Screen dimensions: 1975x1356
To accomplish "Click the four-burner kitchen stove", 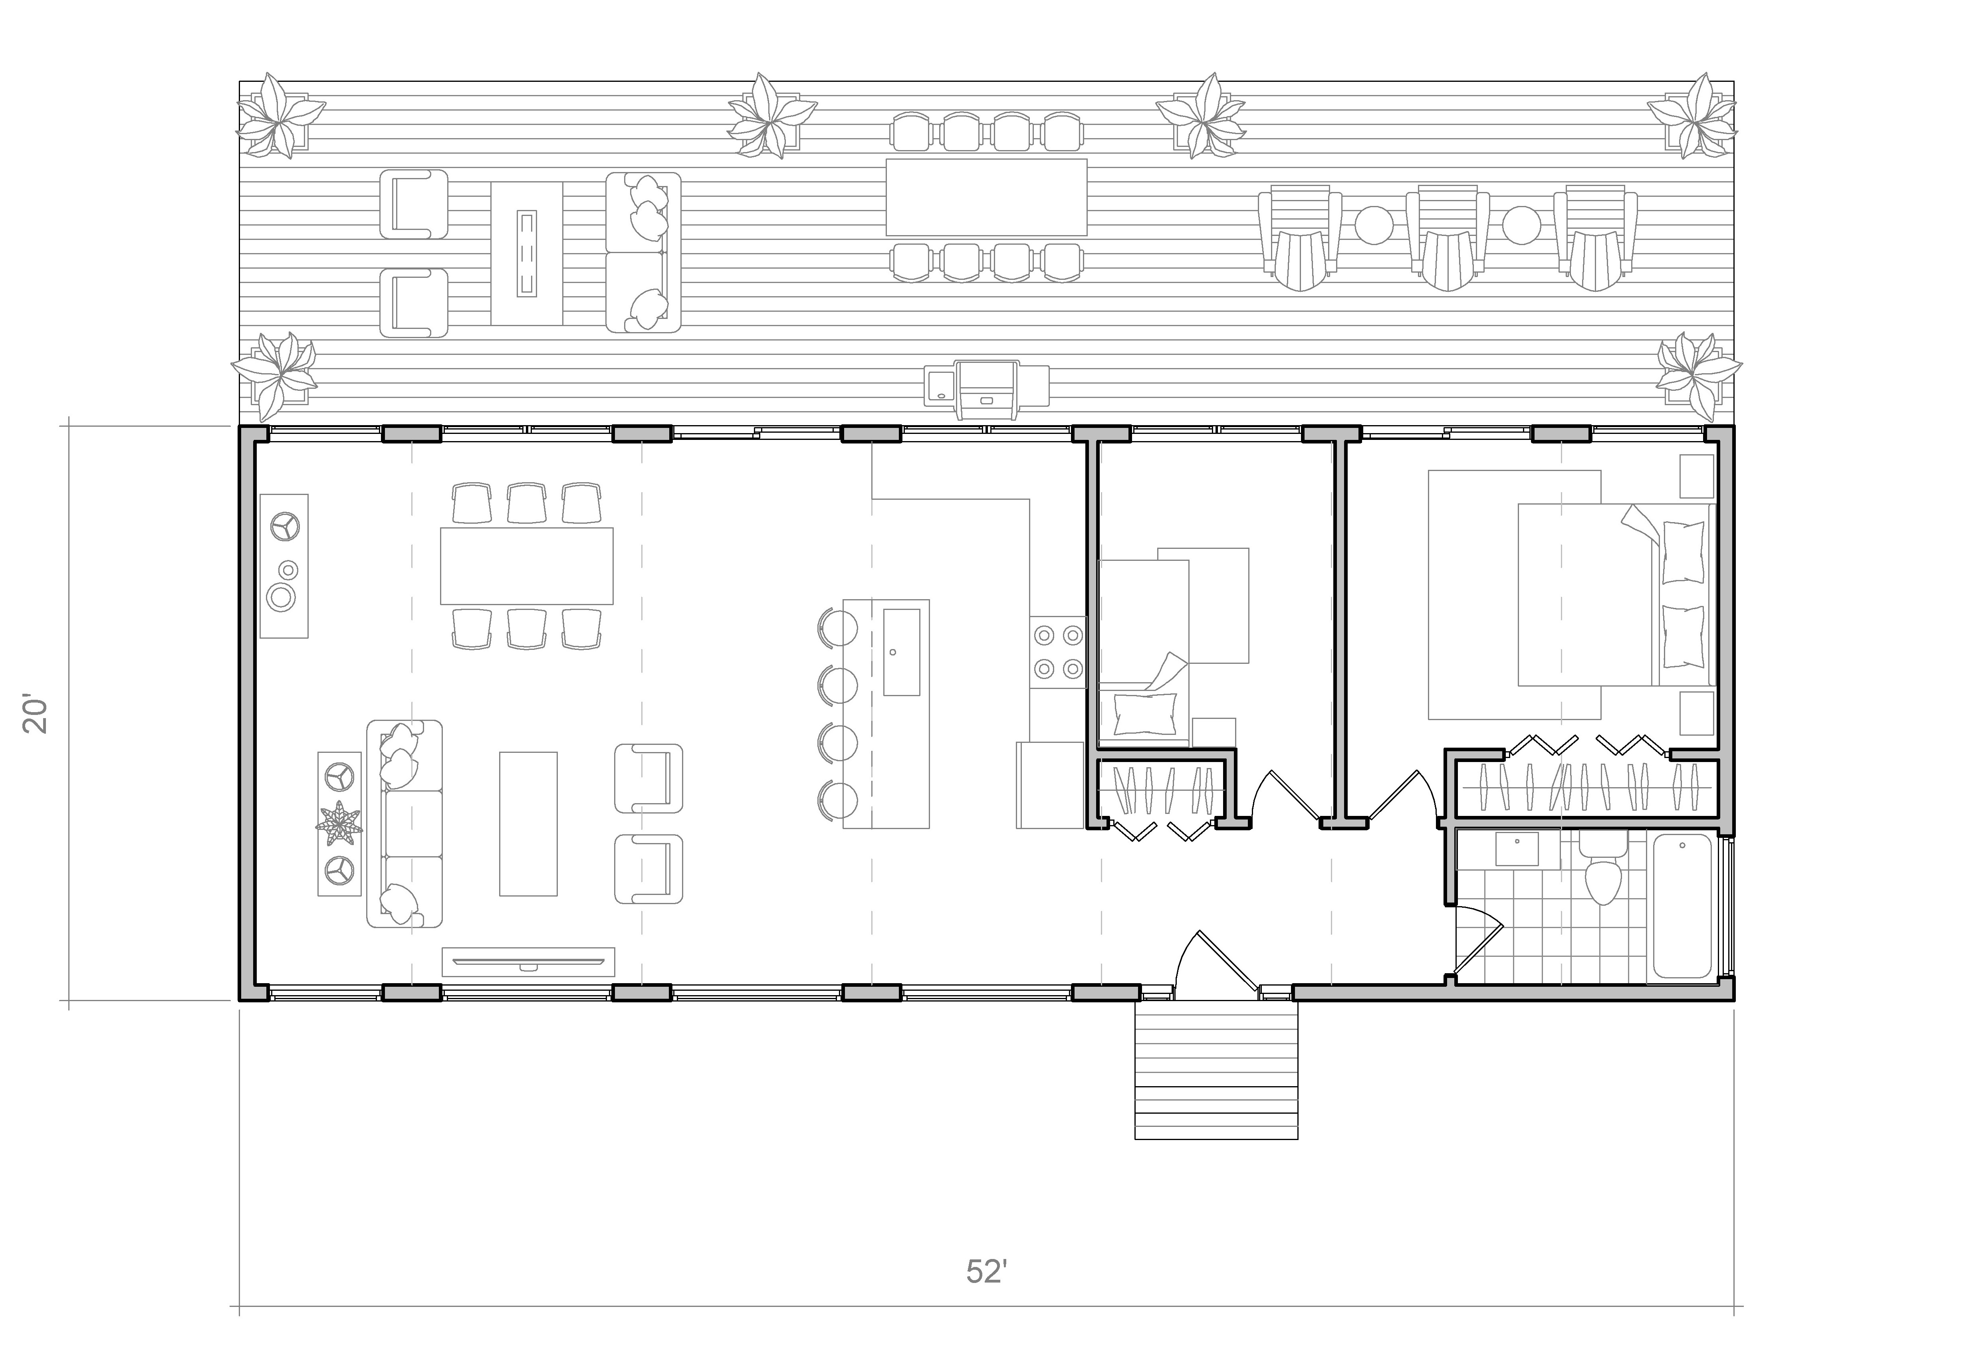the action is [x=1058, y=652].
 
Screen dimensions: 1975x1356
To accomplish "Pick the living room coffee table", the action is [x=528, y=823].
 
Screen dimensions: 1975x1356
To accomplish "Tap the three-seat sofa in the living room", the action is [x=405, y=823].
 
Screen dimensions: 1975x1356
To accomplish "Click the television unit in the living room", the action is [x=528, y=962].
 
